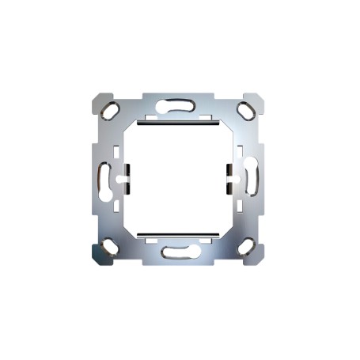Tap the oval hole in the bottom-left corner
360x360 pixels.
pyautogui.click(x=110, y=246)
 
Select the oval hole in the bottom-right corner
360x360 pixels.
pyautogui.click(x=246, y=246)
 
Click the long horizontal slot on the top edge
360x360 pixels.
pyautogui.click(x=178, y=104)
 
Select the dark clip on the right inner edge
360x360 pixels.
pyautogui.click(x=228, y=178)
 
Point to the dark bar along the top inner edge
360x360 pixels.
pyautogui.click(x=178, y=123)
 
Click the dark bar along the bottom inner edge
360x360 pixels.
pyautogui.click(x=178, y=234)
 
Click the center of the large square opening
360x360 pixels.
pyautogui.click(x=178, y=179)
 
